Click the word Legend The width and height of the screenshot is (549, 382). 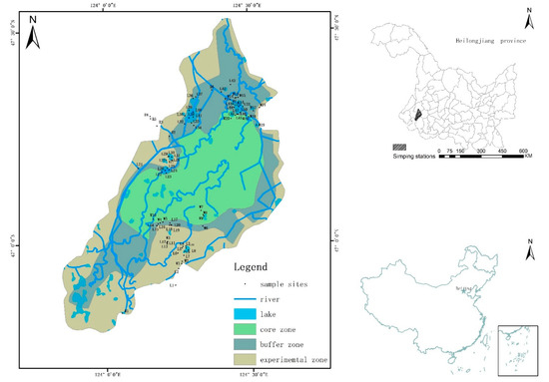252,267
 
